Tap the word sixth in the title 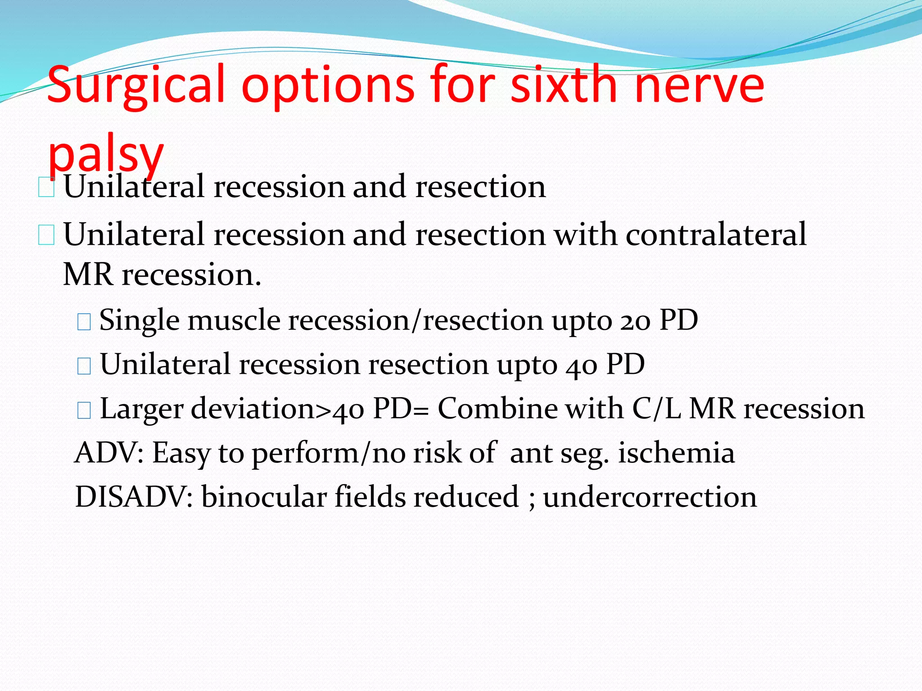(x=565, y=84)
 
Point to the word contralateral (x=716, y=234)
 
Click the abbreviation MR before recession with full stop (x=88, y=274)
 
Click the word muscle (x=234, y=320)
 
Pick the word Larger (x=142, y=409)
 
